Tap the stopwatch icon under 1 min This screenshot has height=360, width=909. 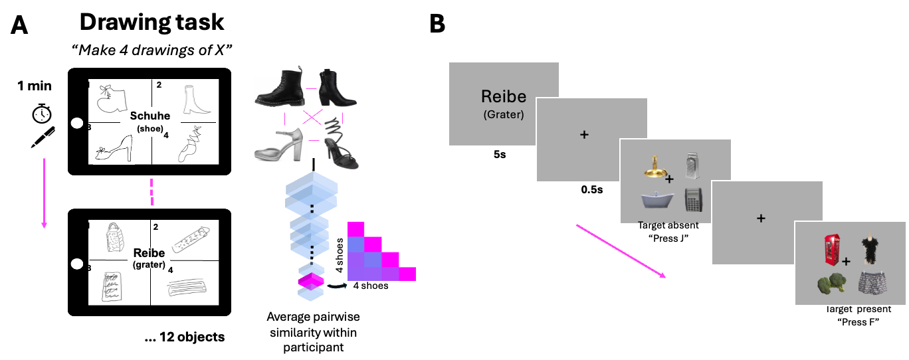[41, 114]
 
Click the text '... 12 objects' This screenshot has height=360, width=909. [184, 337]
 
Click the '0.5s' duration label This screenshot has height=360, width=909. [591, 189]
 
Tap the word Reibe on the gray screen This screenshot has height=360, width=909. [503, 97]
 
